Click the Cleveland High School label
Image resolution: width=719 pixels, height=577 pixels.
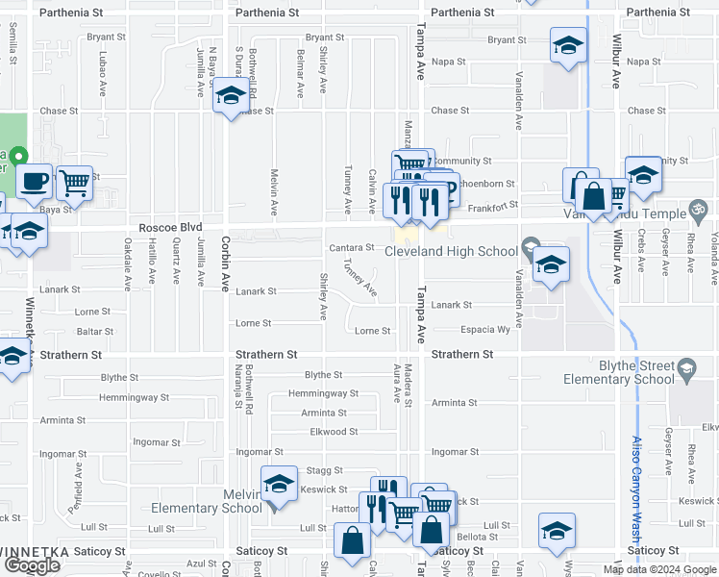tap(451, 252)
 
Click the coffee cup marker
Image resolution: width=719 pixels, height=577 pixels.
tap(34, 180)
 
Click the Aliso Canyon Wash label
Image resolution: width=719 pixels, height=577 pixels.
tap(637, 481)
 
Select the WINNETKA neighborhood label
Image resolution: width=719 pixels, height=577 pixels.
tap(39, 552)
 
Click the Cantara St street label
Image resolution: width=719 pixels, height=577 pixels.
tap(351, 248)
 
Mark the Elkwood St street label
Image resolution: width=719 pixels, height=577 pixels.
tap(334, 432)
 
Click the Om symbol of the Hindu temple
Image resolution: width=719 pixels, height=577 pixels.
tap(700, 212)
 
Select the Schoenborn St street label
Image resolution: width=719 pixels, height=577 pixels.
tap(486, 184)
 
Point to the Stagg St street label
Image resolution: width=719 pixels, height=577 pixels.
tap(325, 470)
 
